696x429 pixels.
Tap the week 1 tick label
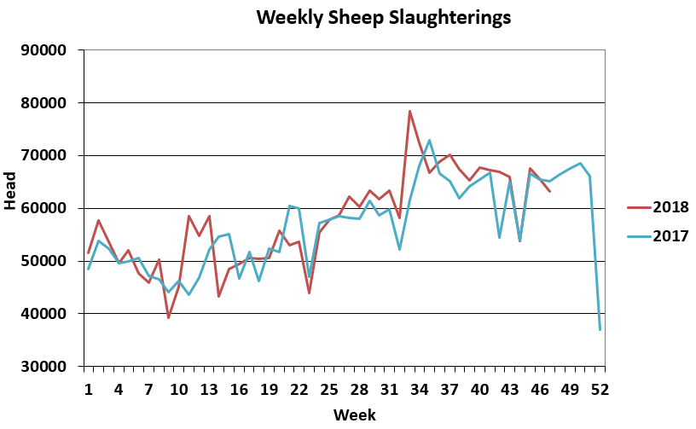click(x=89, y=389)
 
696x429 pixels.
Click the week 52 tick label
click(x=600, y=389)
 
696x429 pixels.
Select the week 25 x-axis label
click(x=329, y=389)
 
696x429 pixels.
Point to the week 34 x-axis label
click(x=420, y=389)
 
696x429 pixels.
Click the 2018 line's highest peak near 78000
click(x=409, y=111)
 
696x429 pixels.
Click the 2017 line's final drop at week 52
click(x=600, y=329)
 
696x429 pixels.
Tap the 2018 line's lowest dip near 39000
click(x=169, y=317)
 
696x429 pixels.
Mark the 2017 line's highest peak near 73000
click(x=429, y=140)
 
